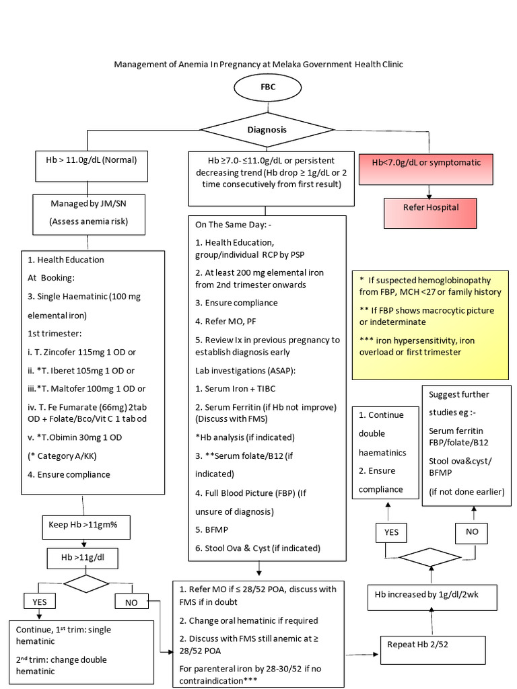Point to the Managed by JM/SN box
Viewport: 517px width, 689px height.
(88, 213)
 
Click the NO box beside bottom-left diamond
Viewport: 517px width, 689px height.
(132, 601)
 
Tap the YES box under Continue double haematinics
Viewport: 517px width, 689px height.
(391, 532)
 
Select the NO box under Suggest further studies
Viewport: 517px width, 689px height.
(473, 532)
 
